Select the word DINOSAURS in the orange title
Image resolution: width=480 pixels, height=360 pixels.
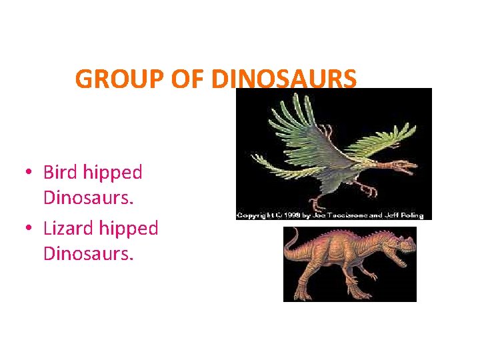(x=284, y=79)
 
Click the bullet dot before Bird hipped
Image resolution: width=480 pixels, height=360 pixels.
(x=27, y=173)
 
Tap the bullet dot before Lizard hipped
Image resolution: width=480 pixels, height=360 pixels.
(x=27, y=229)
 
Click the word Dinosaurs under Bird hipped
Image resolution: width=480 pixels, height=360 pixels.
(x=88, y=198)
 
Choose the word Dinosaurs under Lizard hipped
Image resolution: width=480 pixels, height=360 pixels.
(x=88, y=254)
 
